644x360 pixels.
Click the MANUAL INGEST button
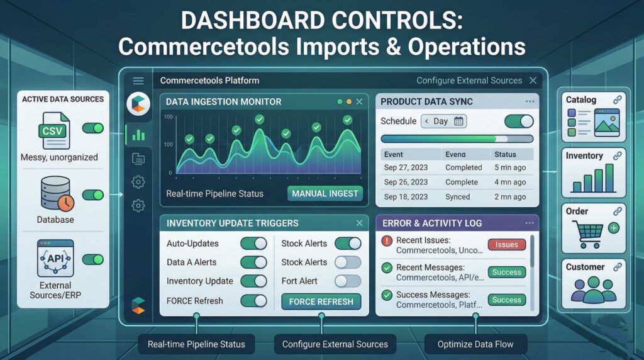tap(325, 194)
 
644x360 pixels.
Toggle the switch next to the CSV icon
tap(93, 128)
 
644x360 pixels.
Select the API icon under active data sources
tap(55, 258)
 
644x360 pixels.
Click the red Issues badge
tap(506, 245)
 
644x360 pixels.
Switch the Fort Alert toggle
tap(348, 281)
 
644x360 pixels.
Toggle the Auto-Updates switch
tap(253, 244)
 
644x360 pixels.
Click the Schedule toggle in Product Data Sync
tap(519, 121)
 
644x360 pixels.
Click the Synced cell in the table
tap(458, 197)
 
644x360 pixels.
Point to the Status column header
tap(505, 155)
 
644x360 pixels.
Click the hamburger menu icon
tap(138, 81)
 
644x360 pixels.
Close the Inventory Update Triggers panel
tap(359, 223)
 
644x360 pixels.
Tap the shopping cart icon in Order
tap(588, 234)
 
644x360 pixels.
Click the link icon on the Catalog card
tap(618, 99)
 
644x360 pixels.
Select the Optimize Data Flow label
tap(475, 344)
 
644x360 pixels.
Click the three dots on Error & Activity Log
tap(530, 223)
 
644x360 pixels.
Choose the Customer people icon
tap(594, 290)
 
